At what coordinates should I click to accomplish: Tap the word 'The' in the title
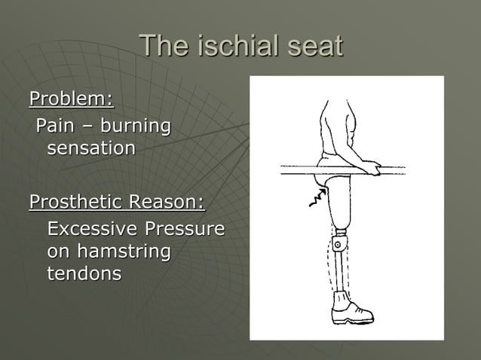coord(164,47)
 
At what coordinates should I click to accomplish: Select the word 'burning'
coord(136,126)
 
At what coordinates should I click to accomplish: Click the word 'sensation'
coord(91,148)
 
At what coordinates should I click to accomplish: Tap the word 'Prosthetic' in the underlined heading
coord(76,203)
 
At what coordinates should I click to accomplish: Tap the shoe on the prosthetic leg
coord(351,310)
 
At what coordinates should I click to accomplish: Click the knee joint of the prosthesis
coord(339,245)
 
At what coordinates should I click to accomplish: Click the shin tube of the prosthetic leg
coord(341,271)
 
